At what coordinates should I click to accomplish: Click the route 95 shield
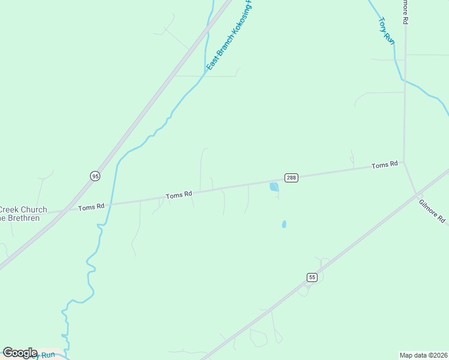tap(95, 176)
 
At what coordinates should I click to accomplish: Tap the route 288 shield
tap(291, 178)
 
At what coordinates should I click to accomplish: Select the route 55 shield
tap(312, 277)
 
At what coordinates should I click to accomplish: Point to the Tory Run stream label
tap(387, 30)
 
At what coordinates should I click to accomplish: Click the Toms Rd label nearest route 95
tap(91, 207)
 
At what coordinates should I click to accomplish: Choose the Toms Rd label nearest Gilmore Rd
tap(385, 165)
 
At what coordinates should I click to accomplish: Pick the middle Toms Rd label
tap(179, 195)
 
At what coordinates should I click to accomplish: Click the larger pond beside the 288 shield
tap(274, 187)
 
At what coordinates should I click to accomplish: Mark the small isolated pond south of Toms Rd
tap(284, 224)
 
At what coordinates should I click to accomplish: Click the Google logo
tap(20, 353)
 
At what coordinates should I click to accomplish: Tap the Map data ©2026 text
tap(423, 355)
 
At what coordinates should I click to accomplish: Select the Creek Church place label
tap(23, 210)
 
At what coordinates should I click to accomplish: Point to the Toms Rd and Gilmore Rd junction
tap(404, 162)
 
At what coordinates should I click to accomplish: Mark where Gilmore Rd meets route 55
tap(416, 193)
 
